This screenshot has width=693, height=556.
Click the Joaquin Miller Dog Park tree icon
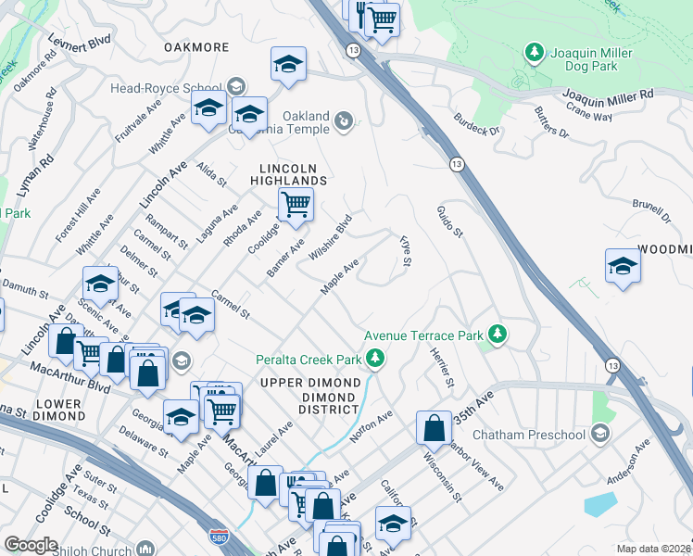click(534, 54)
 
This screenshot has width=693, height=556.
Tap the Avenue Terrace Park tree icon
click(498, 334)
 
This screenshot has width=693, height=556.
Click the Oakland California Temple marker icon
click(344, 120)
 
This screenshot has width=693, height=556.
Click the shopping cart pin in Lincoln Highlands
click(296, 204)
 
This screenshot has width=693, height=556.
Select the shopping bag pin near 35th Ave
click(434, 427)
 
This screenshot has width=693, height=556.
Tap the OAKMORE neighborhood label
click(195, 46)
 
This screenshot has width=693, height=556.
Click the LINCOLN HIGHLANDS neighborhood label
click(293, 173)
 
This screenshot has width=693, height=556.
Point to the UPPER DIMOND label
click(310, 383)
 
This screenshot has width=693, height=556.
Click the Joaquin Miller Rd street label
click(608, 95)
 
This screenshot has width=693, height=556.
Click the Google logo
click(31, 544)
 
